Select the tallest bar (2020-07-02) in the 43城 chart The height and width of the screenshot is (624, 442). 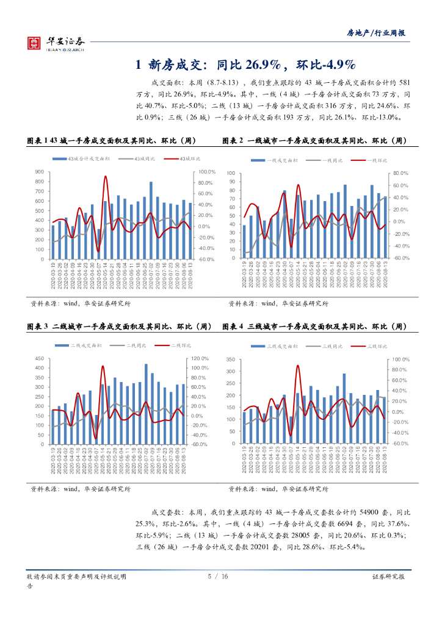click(151, 220)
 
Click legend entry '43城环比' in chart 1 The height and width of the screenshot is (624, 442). click(186, 158)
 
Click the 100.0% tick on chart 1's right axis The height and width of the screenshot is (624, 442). click(206, 172)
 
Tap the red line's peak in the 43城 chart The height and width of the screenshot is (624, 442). click(106, 176)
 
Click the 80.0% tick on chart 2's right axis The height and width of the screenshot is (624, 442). click(400, 174)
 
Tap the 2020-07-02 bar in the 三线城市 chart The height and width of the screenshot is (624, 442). click(344, 408)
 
